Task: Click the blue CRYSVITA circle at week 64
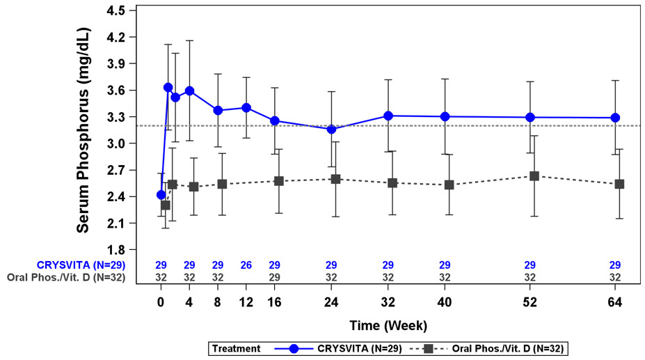click(x=615, y=118)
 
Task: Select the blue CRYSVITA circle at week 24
click(x=331, y=130)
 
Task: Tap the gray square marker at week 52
click(x=534, y=176)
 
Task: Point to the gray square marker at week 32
click(x=392, y=182)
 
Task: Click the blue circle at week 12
click(x=246, y=108)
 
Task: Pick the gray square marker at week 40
click(x=449, y=185)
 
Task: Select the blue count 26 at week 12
click(x=246, y=265)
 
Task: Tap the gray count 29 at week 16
click(x=274, y=277)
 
